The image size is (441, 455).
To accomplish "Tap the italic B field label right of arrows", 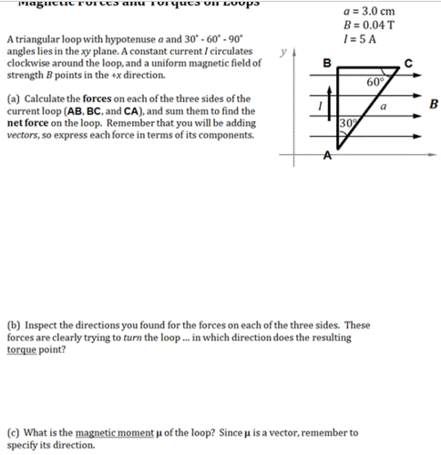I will point(434,104).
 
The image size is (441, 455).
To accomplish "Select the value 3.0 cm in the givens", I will point(385,10).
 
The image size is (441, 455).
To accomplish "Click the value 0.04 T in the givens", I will point(386,24).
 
